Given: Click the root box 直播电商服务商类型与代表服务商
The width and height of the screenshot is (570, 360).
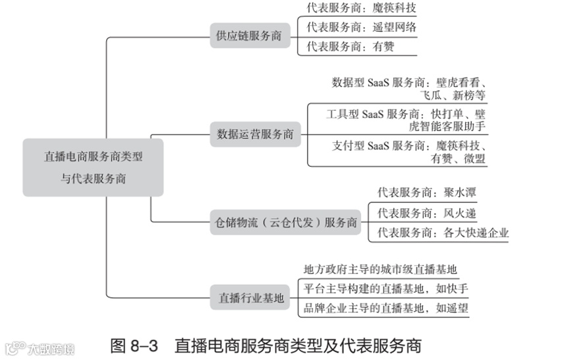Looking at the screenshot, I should click(93, 167).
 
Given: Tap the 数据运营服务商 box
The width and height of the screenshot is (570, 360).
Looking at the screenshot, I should click(255, 135).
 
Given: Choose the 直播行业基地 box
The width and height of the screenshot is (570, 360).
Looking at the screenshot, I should click(251, 298).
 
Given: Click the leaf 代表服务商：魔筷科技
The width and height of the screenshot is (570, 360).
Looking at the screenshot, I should click(362, 9).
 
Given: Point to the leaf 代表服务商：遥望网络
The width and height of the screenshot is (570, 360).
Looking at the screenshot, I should click(362, 28).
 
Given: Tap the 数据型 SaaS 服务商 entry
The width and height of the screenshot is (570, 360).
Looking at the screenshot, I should click(409, 89).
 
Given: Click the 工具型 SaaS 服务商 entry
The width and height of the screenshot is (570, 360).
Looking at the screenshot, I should click(406, 119).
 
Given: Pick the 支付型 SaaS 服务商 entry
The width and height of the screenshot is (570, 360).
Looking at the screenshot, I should click(409, 151).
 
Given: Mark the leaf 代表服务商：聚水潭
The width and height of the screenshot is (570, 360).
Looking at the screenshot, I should click(426, 193).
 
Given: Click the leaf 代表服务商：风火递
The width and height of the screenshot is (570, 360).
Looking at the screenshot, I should click(426, 213).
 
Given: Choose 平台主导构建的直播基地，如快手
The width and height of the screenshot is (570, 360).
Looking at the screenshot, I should click(385, 289).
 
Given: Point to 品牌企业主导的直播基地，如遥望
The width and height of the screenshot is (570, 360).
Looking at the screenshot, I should click(385, 308).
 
